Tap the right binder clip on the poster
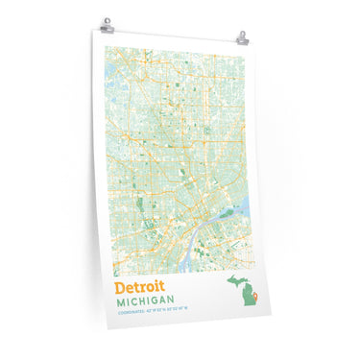(x=244, y=38)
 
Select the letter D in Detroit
(x=119, y=286)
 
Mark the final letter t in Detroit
(x=162, y=286)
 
